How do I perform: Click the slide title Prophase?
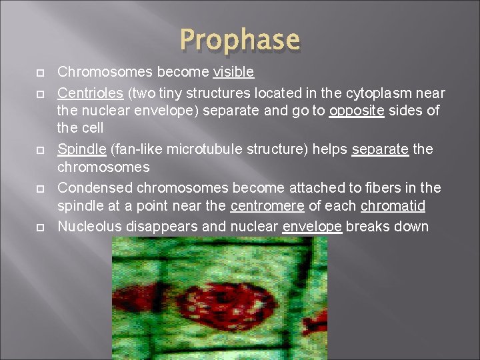tap(239, 40)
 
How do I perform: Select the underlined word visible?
tap(233, 71)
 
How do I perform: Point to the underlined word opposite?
tap(357, 110)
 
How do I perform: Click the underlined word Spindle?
tap(81, 149)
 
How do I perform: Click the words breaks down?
tap(387, 226)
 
